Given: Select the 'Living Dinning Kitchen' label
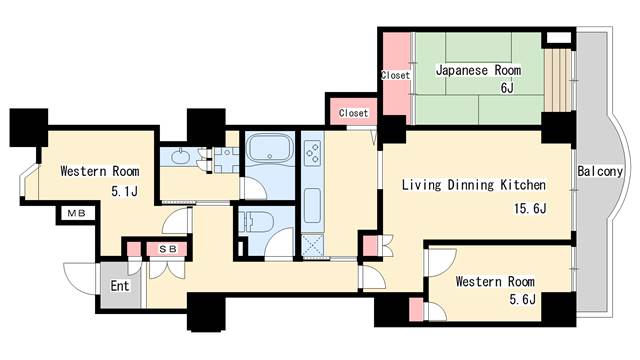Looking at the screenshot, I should click(x=473, y=185).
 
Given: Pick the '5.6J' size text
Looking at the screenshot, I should click(x=522, y=300).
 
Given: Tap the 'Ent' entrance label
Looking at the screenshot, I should click(x=120, y=287).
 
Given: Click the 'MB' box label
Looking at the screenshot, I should click(x=75, y=213).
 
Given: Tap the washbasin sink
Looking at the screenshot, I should click(x=182, y=157).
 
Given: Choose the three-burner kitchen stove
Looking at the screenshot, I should click(x=311, y=154).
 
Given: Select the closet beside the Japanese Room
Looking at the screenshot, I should click(x=395, y=75).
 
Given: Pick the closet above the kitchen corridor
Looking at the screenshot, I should click(x=352, y=112).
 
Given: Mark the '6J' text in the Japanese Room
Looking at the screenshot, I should click(x=508, y=88).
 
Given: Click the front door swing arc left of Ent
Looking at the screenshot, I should click(x=80, y=275).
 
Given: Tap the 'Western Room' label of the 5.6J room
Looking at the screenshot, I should click(x=494, y=282).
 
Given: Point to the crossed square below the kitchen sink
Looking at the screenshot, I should click(x=311, y=244).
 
